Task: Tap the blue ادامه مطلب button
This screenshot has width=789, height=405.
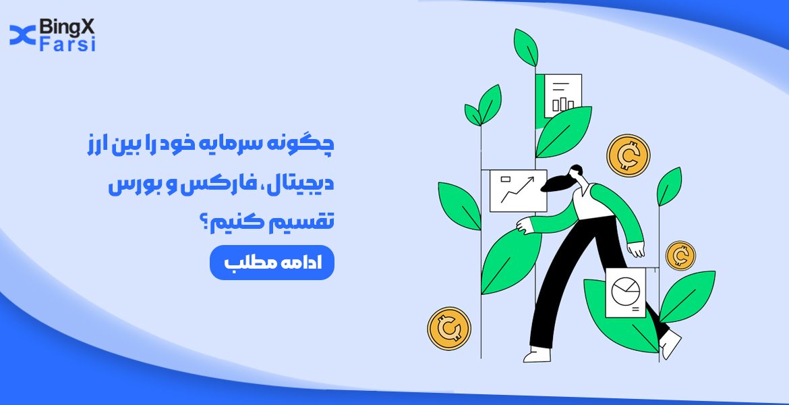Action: coord(272,263)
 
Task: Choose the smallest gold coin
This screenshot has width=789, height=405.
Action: coord(680,256)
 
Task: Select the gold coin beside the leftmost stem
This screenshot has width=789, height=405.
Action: coord(448,329)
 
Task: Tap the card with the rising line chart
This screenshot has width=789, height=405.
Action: coord(518,190)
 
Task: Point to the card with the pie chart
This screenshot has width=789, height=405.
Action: coord(625,292)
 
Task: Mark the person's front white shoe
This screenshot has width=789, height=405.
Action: coord(537,354)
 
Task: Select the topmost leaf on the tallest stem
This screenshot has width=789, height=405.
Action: coord(526,47)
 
